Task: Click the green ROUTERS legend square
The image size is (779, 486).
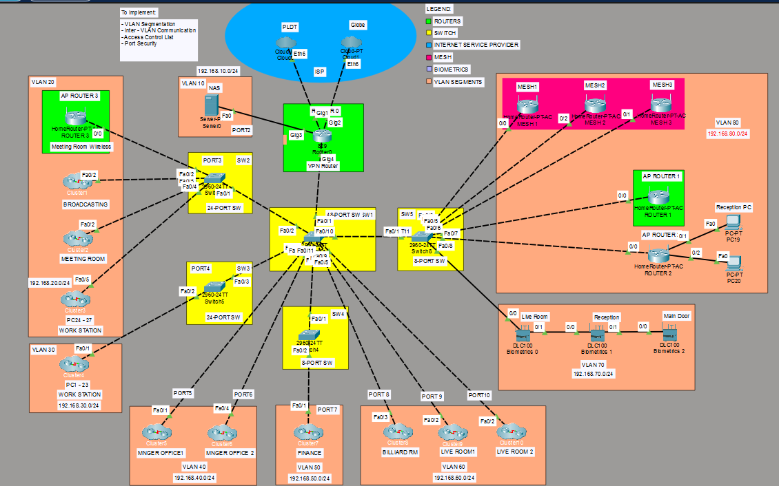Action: [x=429, y=21]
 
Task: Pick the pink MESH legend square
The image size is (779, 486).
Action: [x=429, y=57]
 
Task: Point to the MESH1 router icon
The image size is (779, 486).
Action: [x=527, y=106]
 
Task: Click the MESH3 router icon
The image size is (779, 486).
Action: [x=661, y=105]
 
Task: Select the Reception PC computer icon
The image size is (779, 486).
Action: [x=733, y=222]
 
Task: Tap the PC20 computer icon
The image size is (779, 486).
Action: [x=733, y=262]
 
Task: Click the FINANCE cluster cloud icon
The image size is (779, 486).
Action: [x=309, y=432]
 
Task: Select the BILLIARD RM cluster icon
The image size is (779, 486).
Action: [x=398, y=432]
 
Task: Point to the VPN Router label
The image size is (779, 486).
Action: [x=323, y=166]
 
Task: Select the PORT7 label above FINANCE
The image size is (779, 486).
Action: [x=327, y=410]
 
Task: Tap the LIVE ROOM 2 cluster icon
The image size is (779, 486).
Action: [x=512, y=432]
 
